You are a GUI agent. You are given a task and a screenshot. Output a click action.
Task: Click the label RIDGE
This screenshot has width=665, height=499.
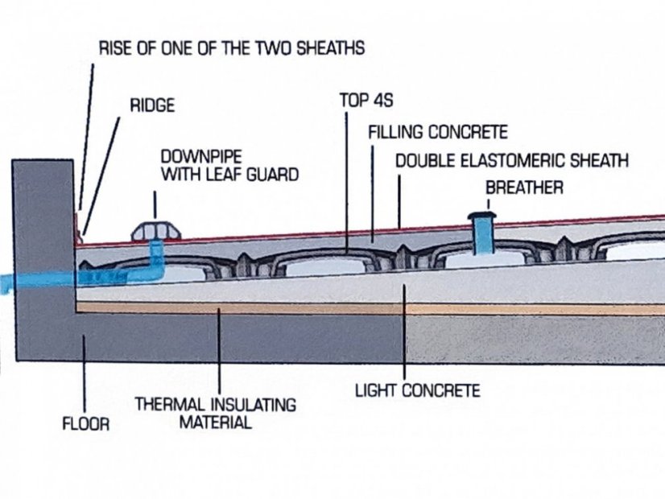click(152, 105)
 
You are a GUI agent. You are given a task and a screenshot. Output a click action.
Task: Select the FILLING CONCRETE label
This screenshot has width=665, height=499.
click(438, 131)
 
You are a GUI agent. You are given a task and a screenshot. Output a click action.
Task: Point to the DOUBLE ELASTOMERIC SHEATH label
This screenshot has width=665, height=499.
click(511, 161)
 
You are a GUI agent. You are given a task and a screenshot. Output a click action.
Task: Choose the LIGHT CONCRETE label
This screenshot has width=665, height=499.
click(418, 391)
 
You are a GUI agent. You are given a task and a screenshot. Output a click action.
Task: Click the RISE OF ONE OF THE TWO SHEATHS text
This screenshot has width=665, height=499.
click(231, 48)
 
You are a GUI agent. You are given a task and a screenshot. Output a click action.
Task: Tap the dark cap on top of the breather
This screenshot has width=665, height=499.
click(482, 215)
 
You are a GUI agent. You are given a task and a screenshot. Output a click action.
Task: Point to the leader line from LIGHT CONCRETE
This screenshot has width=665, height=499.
click(404, 330)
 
